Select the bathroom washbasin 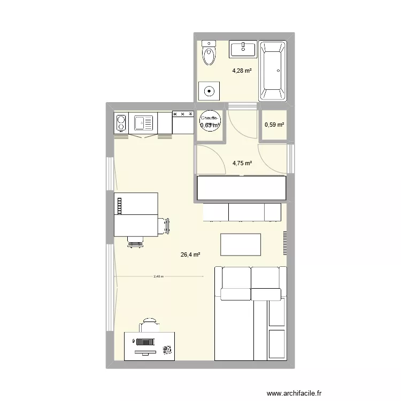[243, 50]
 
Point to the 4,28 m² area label [242, 70]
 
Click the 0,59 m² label [274, 125]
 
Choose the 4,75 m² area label [242, 164]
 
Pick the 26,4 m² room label [190, 255]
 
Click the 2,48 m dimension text [158, 276]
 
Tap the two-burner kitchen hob [121, 124]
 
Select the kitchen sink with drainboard [143, 124]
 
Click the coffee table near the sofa [241, 245]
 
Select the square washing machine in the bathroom [209, 90]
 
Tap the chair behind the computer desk [149, 324]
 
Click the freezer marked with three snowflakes [183, 122]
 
